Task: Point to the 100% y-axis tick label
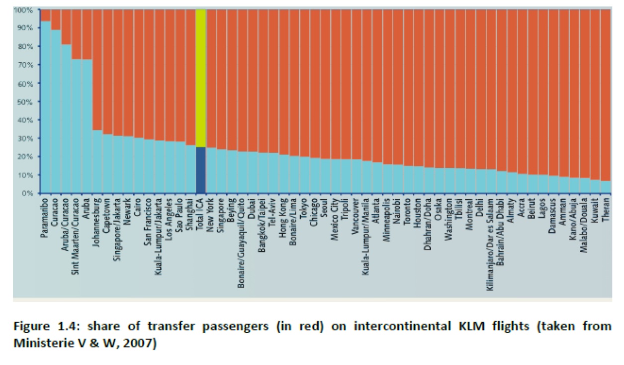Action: tap(23, 10)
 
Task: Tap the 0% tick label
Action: tap(27, 193)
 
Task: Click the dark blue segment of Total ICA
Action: tap(201, 170)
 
